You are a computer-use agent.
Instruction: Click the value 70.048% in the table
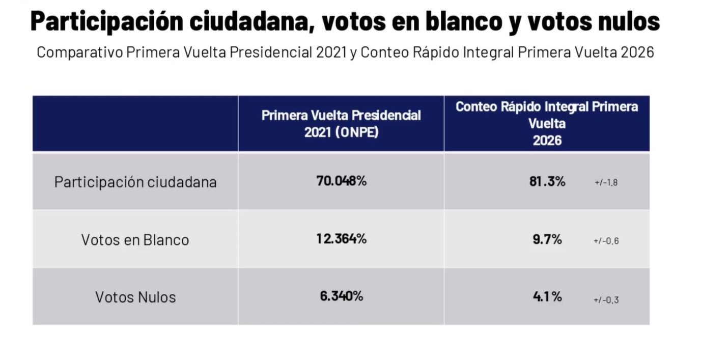pos(341,181)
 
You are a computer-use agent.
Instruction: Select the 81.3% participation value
pos(547,181)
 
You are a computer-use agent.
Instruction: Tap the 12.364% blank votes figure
pos(341,239)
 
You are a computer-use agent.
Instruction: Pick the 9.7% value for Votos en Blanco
pos(547,239)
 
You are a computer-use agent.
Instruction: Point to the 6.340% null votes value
pos(342,296)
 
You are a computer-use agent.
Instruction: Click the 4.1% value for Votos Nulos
pos(547,296)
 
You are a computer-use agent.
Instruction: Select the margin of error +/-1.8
pos(606,182)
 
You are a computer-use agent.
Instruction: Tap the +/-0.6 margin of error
pos(606,241)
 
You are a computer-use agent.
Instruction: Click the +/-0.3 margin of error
pos(606,300)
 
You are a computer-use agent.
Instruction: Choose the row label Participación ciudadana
pos(135,182)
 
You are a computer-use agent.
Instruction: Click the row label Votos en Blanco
pos(135,240)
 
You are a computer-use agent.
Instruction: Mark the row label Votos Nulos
pos(135,297)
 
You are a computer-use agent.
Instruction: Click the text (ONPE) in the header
pos(357,132)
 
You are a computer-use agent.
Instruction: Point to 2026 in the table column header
pos(547,141)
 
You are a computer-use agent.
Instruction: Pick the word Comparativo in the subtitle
pos(80,52)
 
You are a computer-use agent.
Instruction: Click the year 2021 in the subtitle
pos(331,52)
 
